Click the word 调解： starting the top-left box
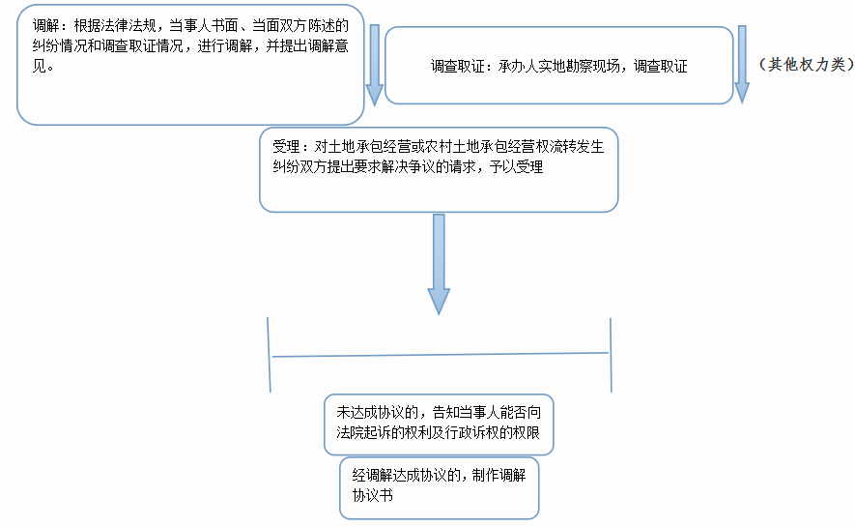pyautogui.click(x=53, y=26)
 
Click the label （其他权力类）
pyautogui.click(x=806, y=65)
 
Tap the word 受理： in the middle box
pyautogui.click(x=294, y=147)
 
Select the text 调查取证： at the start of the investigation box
pyautogui.click(x=464, y=67)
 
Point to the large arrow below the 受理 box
pyautogui.click(x=439, y=264)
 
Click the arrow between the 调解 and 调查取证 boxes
pyautogui.click(x=374, y=65)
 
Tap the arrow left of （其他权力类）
pyautogui.click(x=742, y=65)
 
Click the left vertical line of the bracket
pyautogui.click(x=269, y=355)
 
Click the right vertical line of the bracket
pyautogui.click(x=611, y=355)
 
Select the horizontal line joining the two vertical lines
pyautogui.click(x=440, y=355)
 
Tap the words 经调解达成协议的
pyautogui.click(x=406, y=476)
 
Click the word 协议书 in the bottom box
pyautogui.click(x=372, y=495)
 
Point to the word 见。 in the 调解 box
pyautogui.click(x=43, y=67)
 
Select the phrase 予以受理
pyautogui.click(x=516, y=167)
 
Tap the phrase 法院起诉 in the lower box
pyautogui.click(x=363, y=432)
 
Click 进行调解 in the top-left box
pyautogui.click(x=225, y=46)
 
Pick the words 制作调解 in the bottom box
pyautogui.click(x=499, y=476)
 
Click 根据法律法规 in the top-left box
pyautogui.click(x=115, y=26)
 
